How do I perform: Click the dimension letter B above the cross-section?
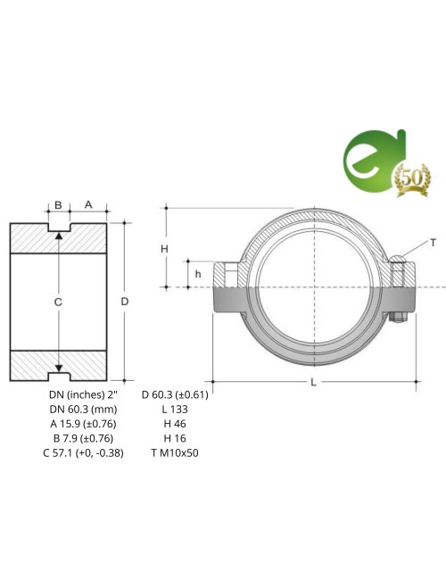pyautogui.click(x=58, y=205)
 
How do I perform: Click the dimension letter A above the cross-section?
pyautogui.click(x=88, y=204)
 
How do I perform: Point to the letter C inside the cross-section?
pyautogui.click(x=58, y=303)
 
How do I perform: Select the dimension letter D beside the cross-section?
pyautogui.click(x=125, y=302)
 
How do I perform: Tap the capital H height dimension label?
pyautogui.click(x=164, y=248)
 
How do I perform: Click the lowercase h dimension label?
pyautogui.click(x=198, y=274)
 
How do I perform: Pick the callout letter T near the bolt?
pyautogui.click(x=433, y=243)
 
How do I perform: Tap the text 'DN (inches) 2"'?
pyautogui.click(x=83, y=394)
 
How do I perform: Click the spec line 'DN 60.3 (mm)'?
pyautogui.click(x=83, y=408)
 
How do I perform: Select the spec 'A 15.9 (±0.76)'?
pyautogui.click(x=83, y=423)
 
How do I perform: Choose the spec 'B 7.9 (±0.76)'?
pyautogui.click(x=83, y=438)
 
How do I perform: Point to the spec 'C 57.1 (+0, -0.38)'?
pyautogui.click(x=83, y=452)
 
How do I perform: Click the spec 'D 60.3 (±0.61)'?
pyautogui.click(x=175, y=394)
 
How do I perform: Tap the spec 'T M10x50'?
pyautogui.click(x=175, y=452)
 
